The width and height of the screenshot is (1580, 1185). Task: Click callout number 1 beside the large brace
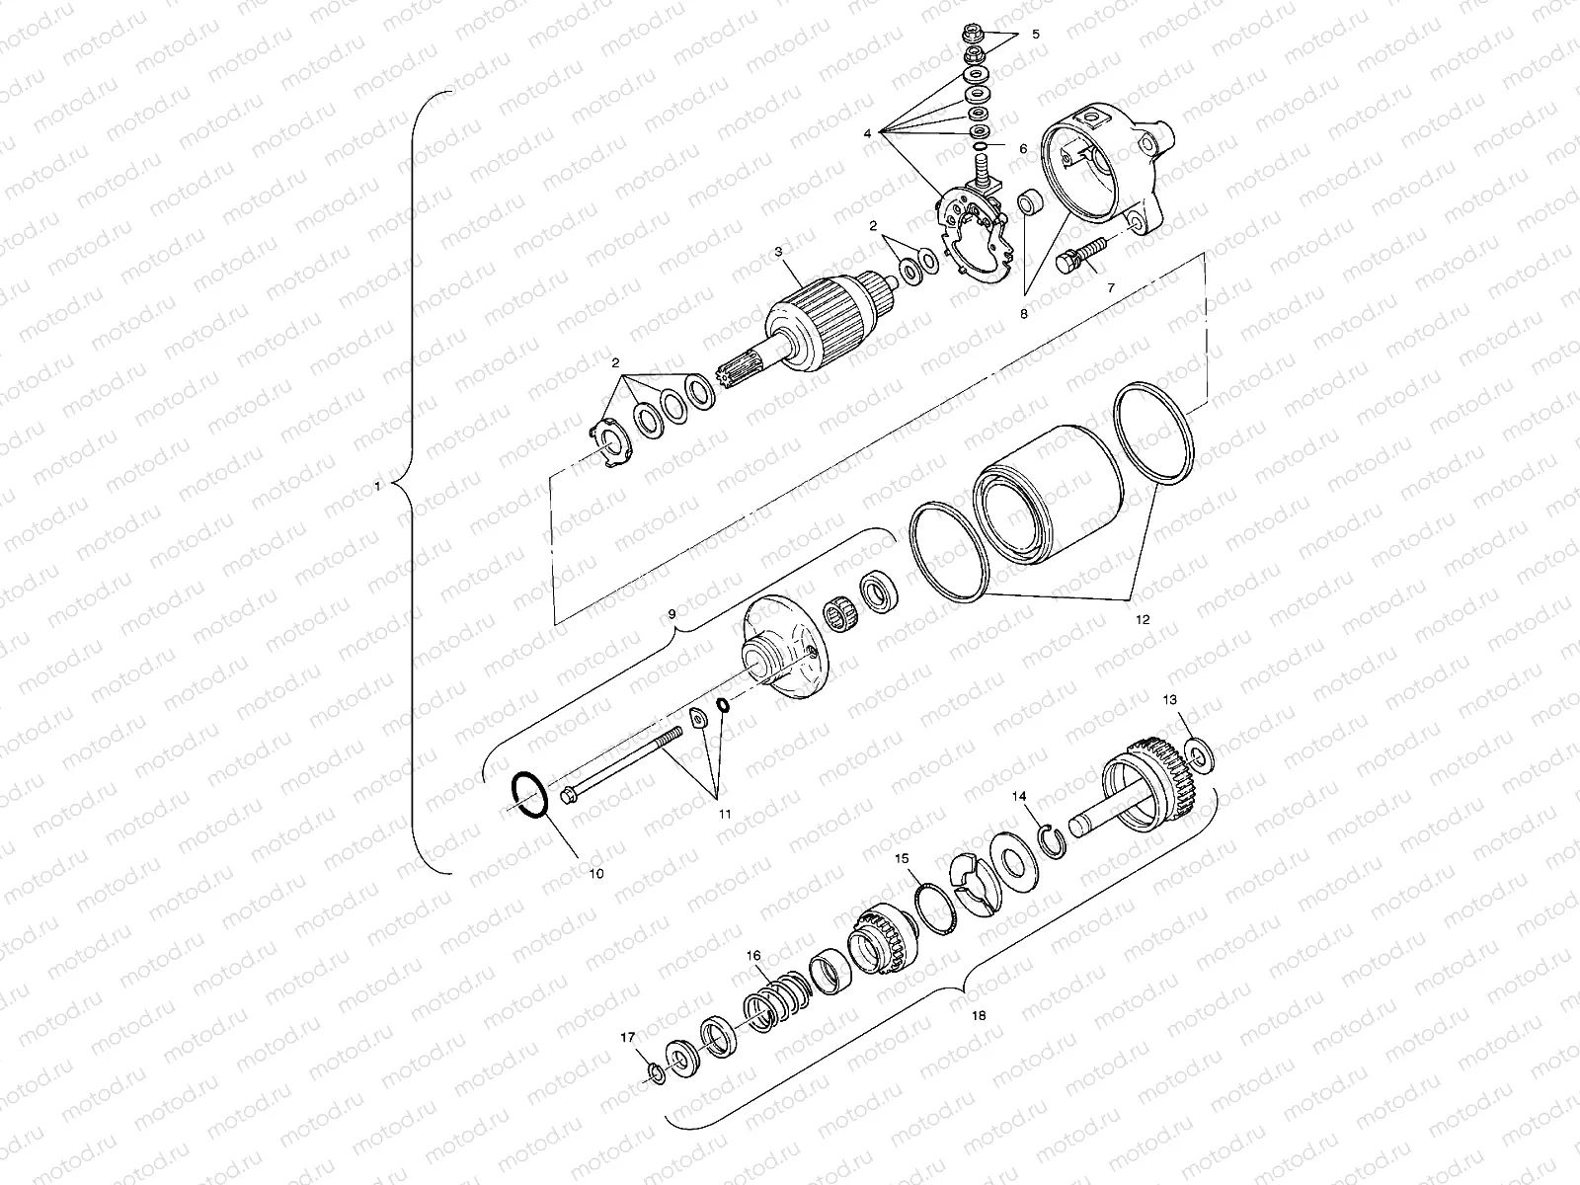pyautogui.click(x=377, y=485)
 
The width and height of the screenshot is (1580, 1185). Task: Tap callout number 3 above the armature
pyautogui.click(x=778, y=253)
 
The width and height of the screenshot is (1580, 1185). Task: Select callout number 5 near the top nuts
pyautogui.click(x=1036, y=34)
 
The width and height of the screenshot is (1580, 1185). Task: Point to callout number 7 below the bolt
pyautogui.click(x=1110, y=287)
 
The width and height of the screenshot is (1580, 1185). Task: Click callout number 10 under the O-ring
pyautogui.click(x=595, y=873)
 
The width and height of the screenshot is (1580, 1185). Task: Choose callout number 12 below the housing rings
pyautogui.click(x=1143, y=620)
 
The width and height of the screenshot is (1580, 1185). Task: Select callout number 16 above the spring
pyautogui.click(x=753, y=956)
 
